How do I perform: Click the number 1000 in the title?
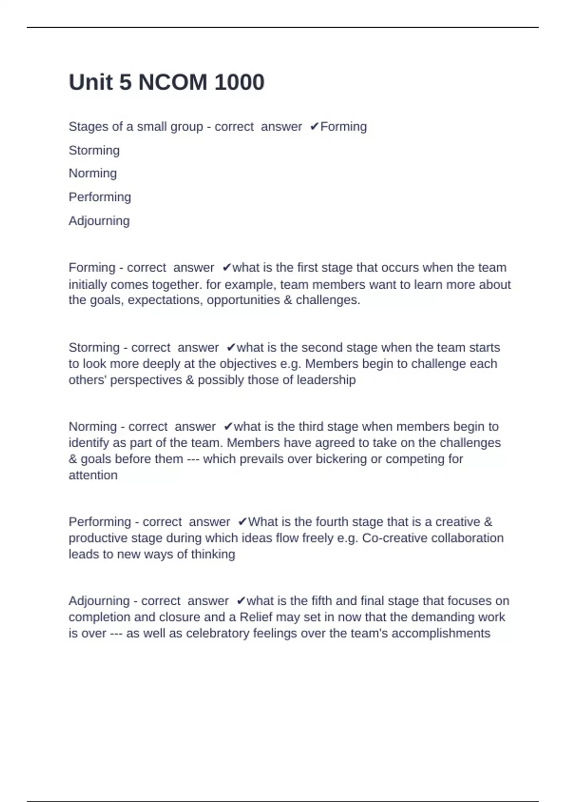pos(239,83)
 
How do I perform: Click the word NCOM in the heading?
pos(173,83)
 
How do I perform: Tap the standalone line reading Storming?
pos(94,150)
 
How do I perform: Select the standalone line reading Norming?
pos(92,174)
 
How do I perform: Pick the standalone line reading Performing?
pos(100,197)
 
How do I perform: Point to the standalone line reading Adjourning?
pos(99,221)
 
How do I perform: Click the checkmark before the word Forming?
pos(314,127)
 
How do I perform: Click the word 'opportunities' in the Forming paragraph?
pos(243,300)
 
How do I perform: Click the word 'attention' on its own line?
pos(93,475)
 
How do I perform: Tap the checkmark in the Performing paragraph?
pos(242,522)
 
